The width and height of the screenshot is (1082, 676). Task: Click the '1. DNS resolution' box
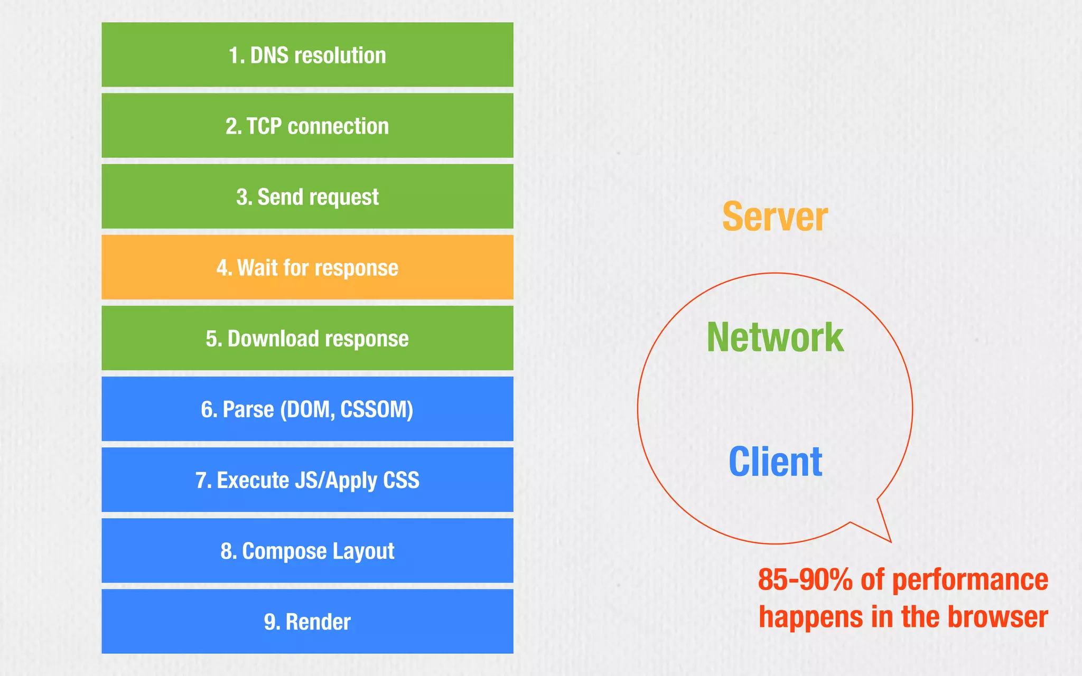[x=307, y=54]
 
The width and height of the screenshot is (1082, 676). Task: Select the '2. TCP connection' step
[x=307, y=126]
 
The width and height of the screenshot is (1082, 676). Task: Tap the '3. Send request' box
[x=307, y=196]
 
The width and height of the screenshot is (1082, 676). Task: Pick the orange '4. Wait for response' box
[x=307, y=267]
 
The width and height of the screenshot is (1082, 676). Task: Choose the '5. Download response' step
[x=307, y=338]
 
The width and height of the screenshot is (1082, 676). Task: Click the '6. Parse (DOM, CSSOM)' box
[x=307, y=409]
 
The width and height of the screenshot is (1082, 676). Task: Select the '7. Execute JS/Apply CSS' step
[x=307, y=480]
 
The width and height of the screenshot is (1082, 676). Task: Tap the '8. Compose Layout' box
[x=307, y=550]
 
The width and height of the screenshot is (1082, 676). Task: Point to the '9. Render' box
[x=307, y=621]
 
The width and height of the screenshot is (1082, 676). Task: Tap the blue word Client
[x=775, y=462]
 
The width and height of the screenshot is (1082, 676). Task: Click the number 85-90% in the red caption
[x=805, y=579]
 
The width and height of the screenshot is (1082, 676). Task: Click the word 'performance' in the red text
[x=970, y=580]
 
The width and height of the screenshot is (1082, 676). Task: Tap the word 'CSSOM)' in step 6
[x=377, y=409]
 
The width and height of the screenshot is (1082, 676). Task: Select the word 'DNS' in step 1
[x=269, y=55]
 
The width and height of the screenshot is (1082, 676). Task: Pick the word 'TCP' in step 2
[x=264, y=126]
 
